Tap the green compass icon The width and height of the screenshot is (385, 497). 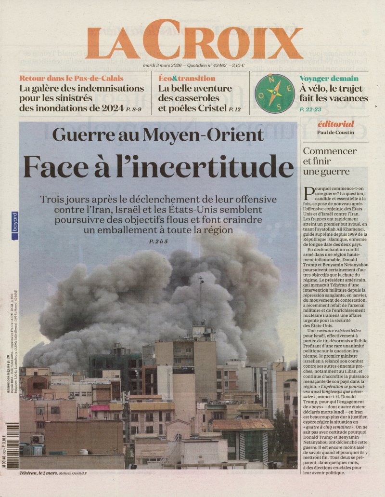tap(274, 93)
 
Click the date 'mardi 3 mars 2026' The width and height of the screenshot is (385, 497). tap(163, 65)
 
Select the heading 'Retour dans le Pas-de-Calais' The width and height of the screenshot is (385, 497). tap(71, 78)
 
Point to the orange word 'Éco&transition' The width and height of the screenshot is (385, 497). tap(187, 78)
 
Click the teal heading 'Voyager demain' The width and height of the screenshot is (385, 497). tap(328, 78)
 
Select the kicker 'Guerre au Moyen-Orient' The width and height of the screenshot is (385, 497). tap(158, 134)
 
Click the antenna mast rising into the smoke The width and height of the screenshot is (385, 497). tap(201, 299)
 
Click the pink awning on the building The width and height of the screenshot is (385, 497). tap(100, 407)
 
